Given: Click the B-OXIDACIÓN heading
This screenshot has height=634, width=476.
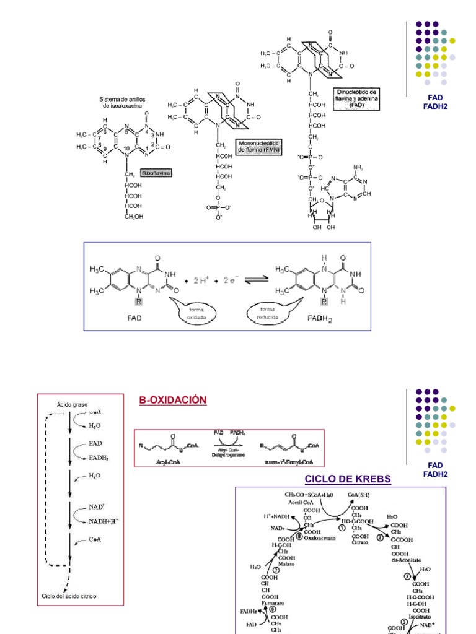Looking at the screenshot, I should [173, 401].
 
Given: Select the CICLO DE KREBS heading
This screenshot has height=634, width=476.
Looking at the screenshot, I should [348, 480].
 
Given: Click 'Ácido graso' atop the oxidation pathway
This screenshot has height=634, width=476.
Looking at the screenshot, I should [73, 402].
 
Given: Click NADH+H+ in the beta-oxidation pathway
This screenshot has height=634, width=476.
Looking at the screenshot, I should [104, 521].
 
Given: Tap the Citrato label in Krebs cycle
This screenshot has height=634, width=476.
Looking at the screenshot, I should [360, 542].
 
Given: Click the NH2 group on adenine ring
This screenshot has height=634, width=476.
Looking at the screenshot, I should [356, 168].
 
